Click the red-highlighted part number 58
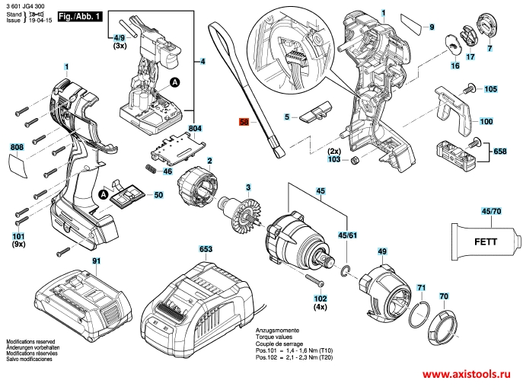coord(244,122)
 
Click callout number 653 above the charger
coord(206,249)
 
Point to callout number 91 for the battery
coord(96,261)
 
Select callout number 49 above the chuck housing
coord(382,251)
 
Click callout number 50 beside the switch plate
coord(158,196)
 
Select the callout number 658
coord(500,152)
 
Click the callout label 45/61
coord(346,236)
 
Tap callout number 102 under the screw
coord(320,299)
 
